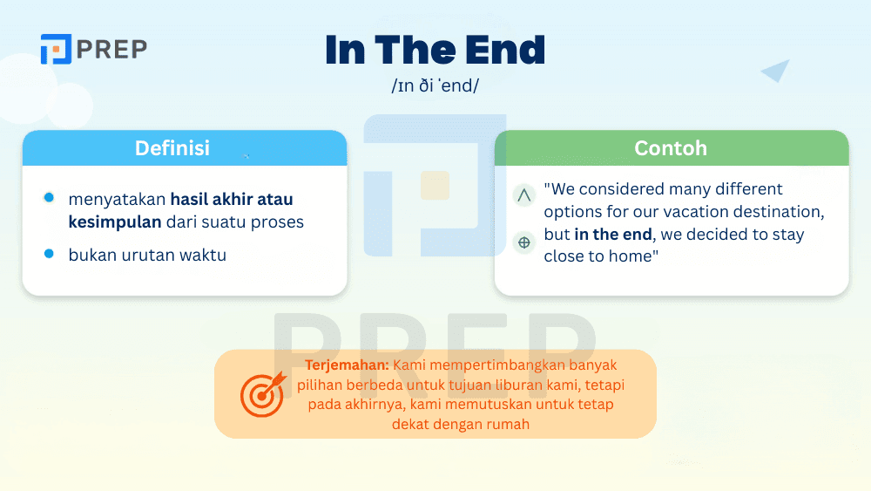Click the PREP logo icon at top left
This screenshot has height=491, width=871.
coord(55,49)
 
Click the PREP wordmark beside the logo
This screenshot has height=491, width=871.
coord(111,49)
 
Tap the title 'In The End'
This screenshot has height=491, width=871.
coord(435,51)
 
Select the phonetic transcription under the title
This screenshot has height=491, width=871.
coord(435,87)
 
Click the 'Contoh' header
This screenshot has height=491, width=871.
coord(671,148)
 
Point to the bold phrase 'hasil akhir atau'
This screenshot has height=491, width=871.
coord(232,199)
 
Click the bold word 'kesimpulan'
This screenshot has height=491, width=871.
coord(115,222)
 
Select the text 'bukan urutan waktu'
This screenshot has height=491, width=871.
coord(147,256)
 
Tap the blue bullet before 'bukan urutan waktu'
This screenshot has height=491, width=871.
coord(49,254)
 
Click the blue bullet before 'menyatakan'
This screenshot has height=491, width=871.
coord(49,198)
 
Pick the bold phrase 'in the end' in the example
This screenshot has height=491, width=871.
coord(613,234)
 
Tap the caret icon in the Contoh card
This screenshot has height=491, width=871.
coord(523,195)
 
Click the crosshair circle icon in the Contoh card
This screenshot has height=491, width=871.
coord(523,242)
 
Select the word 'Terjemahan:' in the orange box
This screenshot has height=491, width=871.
coord(347,365)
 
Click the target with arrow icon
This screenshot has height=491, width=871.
coord(261,393)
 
